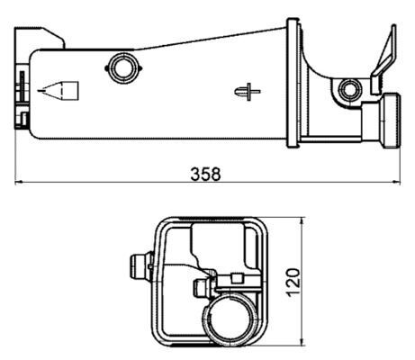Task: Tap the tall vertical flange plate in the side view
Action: coord(293,81)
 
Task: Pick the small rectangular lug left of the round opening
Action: coord(202,288)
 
